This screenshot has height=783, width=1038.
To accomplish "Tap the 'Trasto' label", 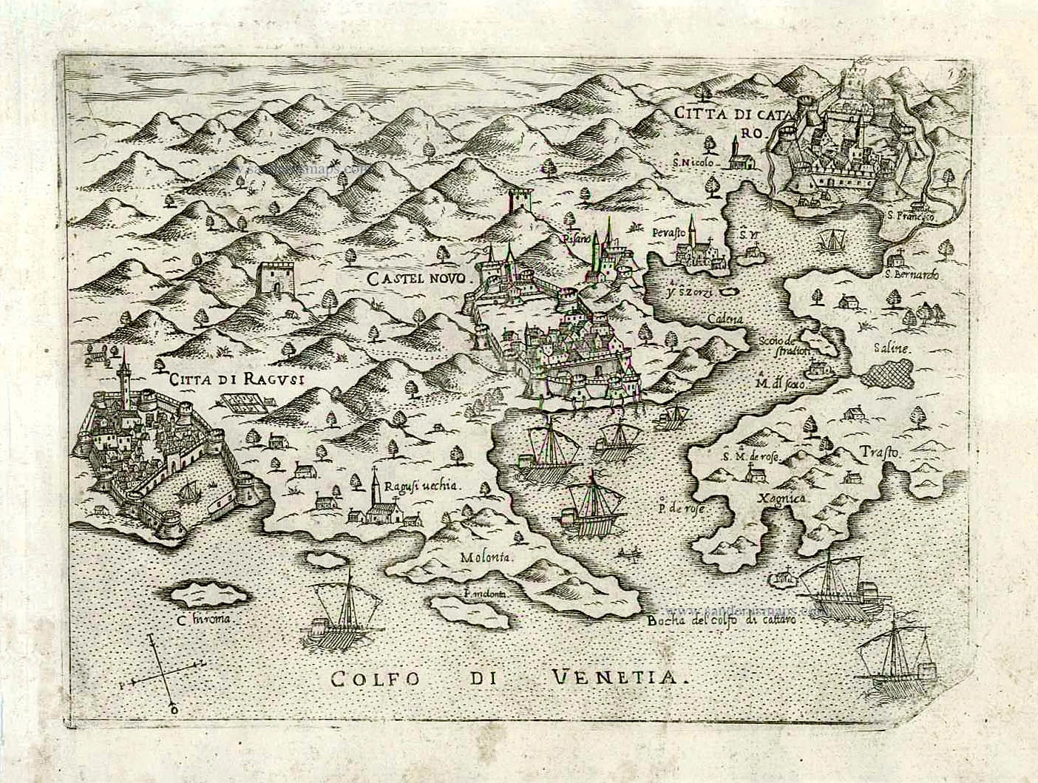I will pos(878,452).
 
